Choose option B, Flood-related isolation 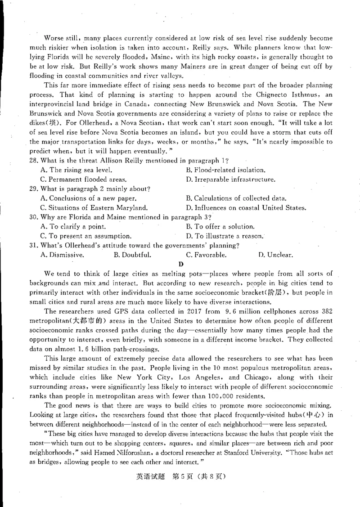pyautogui.click(x=225, y=170)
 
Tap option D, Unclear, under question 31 pyautogui.click(x=275, y=255)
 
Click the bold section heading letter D pyautogui.click(x=180, y=264)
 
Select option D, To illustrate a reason pyautogui.click(x=225, y=236)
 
